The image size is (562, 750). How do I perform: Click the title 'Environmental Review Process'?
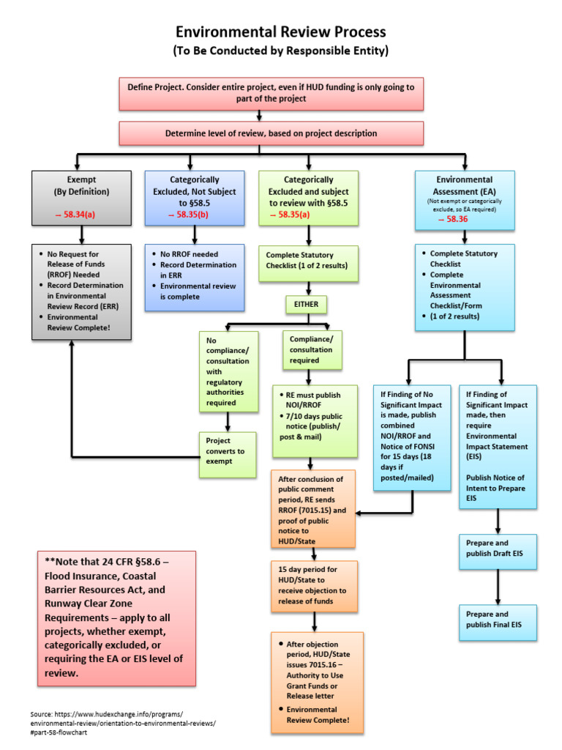click(x=280, y=32)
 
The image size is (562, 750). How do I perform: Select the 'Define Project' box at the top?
click(x=271, y=92)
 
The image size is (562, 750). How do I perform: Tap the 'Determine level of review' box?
click(x=271, y=133)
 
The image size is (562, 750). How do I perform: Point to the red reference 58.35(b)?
click(x=194, y=215)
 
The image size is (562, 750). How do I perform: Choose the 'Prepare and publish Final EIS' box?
click(x=498, y=620)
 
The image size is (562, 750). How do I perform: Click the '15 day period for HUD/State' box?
click(x=314, y=586)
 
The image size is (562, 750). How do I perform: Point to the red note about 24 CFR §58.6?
click(x=116, y=617)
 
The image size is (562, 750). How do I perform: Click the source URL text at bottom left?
click(x=123, y=723)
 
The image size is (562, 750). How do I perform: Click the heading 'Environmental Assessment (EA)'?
click(x=464, y=186)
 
